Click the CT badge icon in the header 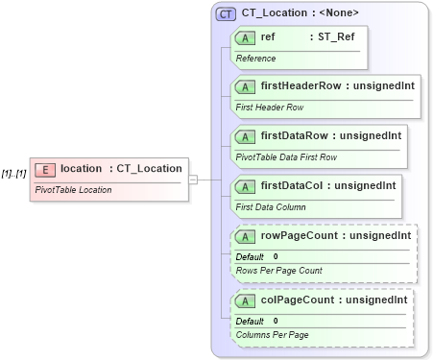(x=227, y=13)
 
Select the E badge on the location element (x=44, y=169)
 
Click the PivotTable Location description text (x=73, y=190)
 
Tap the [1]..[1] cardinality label (x=13, y=174)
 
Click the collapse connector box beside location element (x=193, y=179)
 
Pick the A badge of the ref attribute (x=245, y=37)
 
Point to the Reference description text (x=255, y=59)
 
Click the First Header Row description (x=269, y=108)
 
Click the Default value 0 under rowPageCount (x=276, y=256)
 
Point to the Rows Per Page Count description (x=278, y=272)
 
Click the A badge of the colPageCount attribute (x=245, y=300)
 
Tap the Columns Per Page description (x=272, y=336)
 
